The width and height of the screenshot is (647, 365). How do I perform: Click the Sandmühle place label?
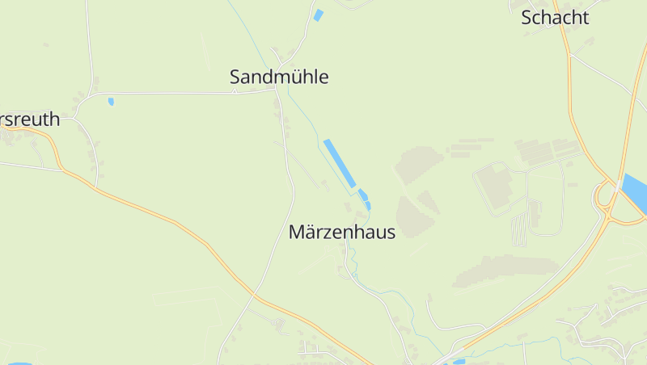[x=279, y=78]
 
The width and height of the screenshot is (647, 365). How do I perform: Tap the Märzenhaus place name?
[x=341, y=233]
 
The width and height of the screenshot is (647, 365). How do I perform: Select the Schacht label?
[x=555, y=18]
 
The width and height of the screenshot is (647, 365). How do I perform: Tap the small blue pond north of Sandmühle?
[x=318, y=15]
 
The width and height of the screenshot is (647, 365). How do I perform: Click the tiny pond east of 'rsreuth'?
[x=111, y=102]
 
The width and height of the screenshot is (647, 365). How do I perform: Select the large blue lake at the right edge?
[x=636, y=194]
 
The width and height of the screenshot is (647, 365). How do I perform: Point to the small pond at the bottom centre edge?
[x=459, y=362]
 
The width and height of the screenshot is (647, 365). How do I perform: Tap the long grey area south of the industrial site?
[x=506, y=271]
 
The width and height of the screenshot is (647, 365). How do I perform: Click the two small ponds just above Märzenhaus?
[x=365, y=199]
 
